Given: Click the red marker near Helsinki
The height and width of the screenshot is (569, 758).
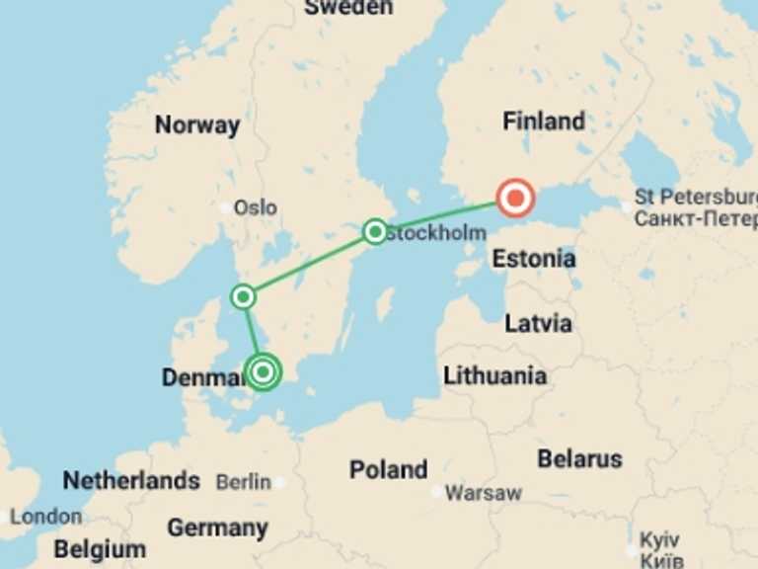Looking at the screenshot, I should [514, 199].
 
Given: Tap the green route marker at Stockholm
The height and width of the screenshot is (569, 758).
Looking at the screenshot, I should [375, 232].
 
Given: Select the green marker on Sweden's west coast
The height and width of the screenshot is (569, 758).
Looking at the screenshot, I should [243, 296].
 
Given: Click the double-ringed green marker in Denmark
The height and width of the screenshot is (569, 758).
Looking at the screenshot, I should [263, 372].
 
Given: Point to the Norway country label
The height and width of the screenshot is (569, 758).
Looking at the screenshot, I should [197, 125].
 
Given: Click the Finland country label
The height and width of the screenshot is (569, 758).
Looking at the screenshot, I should [544, 122].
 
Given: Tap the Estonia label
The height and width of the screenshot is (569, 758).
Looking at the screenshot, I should [533, 260].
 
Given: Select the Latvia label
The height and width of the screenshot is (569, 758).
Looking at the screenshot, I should [538, 323].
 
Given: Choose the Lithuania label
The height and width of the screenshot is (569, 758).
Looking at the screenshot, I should [494, 375].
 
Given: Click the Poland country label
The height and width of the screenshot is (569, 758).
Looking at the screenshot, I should [388, 469].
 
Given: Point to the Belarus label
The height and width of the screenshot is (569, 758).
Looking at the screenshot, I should [579, 459].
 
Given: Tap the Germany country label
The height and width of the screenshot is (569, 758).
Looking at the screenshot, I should [217, 528].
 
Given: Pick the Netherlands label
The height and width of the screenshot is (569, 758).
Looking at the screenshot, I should [131, 481].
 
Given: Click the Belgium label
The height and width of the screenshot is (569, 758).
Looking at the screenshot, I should [100, 549].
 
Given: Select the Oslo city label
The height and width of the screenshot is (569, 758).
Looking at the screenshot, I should [255, 208].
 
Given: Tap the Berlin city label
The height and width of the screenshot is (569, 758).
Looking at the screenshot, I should [243, 482].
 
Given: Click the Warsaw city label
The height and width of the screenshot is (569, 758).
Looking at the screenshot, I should [483, 492].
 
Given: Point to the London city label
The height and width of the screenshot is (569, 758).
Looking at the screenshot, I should [46, 516].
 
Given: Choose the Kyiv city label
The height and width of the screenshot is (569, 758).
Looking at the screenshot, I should [659, 541].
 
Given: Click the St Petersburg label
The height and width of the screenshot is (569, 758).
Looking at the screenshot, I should [695, 196].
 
